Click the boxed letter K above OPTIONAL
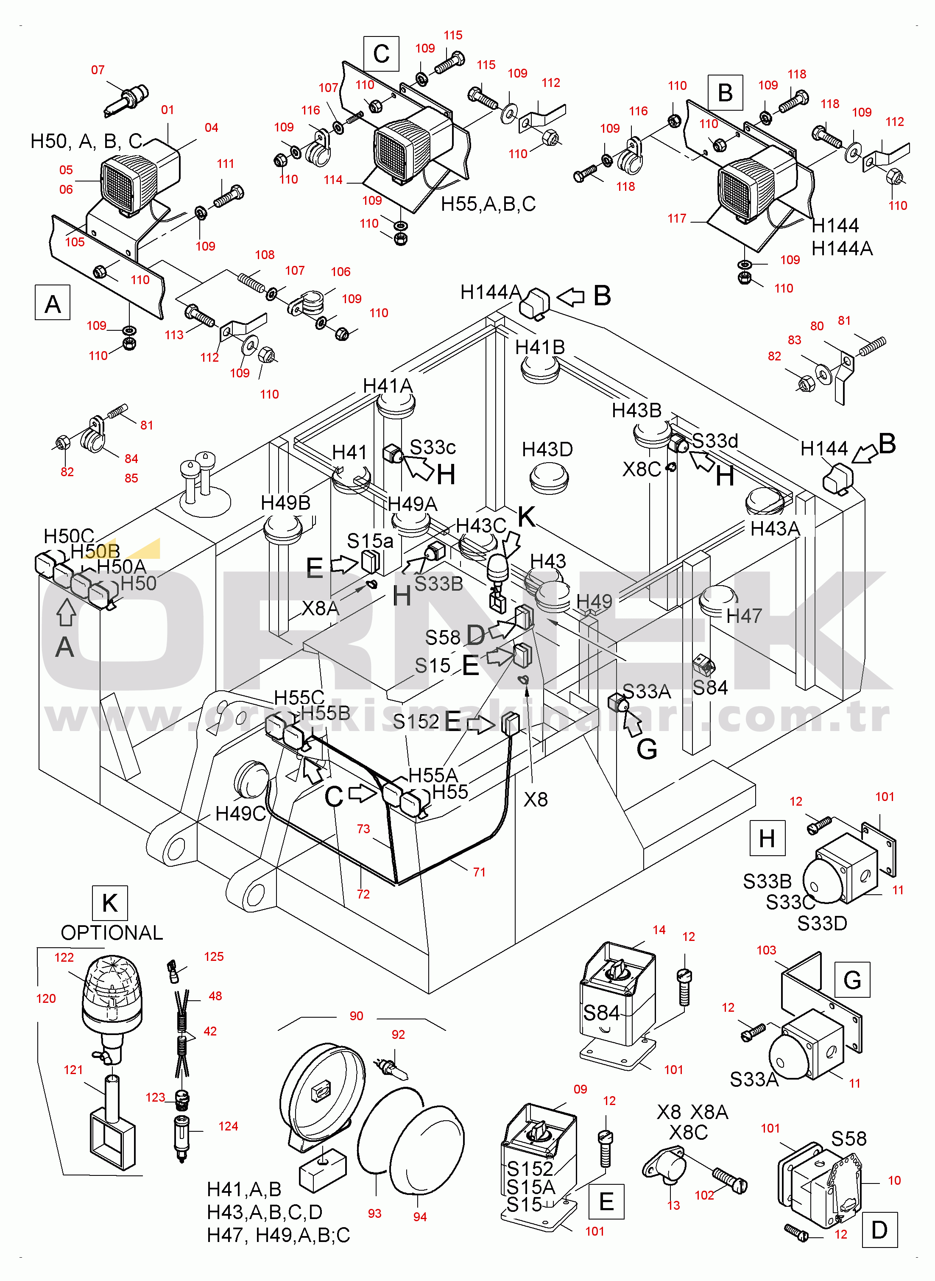pyautogui.click(x=110, y=903)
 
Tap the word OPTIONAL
pyautogui.click(x=112, y=932)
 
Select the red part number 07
pyautogui.click(x=98, y=70)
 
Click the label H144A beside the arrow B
pyautogui.click(x=490, y=292)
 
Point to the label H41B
pyautogui.click(x=539, y=347)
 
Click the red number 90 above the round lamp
pyautogui.click(x=357, y=1016)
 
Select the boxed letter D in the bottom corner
pyautogui.click(x=879, y=1230)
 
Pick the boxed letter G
pyautogui.click(x=852, y=980)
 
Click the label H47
pyautogui.click(x=744, y=616)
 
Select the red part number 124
pyautogui.click(x=228, y=1126)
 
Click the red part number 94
pyautogui.click(x=420, y=1217)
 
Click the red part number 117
pyautogui.click(x=677, y=218)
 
